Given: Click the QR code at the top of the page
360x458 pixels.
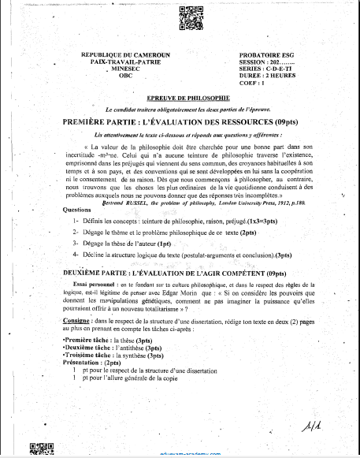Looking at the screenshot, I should coord(187,17).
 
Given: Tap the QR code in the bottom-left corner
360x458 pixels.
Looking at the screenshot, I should coord(37,450).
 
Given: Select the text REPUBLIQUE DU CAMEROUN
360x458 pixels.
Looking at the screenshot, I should coord(125,55).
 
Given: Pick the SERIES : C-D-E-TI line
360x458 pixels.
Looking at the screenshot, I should coord(271,69).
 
